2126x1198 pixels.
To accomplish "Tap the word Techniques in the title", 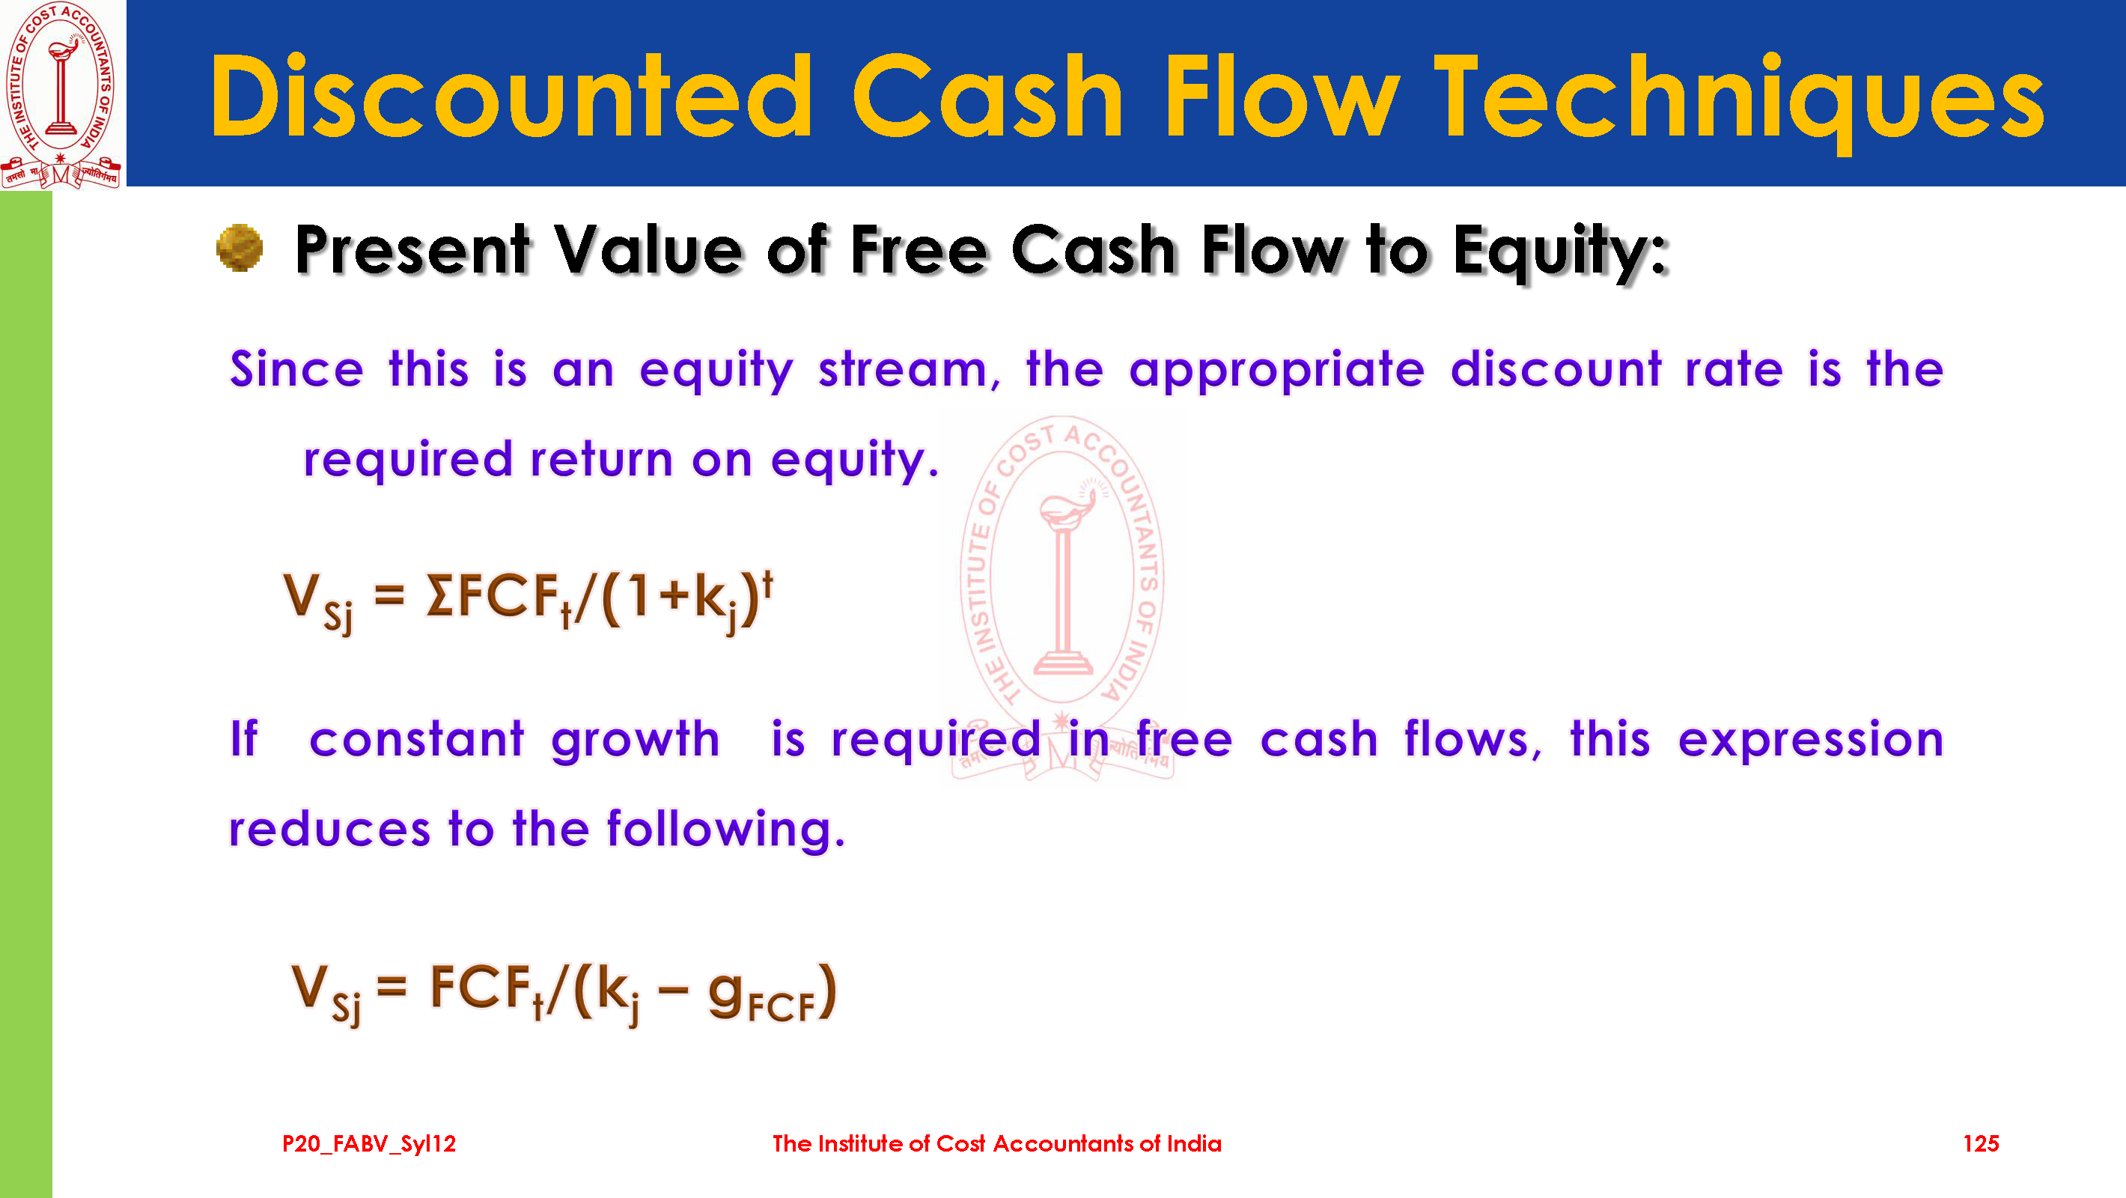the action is [x=1739, y=103].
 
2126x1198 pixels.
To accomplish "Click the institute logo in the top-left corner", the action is [x=61, y=94].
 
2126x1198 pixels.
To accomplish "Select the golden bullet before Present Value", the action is [x=240, y=248].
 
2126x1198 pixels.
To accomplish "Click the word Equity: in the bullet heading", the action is [x=1561, y=252].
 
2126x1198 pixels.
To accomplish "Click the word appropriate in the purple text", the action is [x=1277, y=371].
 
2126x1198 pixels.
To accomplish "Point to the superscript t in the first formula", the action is [x=767, y=586].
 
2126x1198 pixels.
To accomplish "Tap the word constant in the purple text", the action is [x=417, y=739].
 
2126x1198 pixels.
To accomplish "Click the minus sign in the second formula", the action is [x=674, y=989].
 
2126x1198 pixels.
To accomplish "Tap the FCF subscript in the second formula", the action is [x=782, y=1007].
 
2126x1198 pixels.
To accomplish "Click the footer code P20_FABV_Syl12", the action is [x=369, y=1143].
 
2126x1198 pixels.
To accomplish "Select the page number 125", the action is [x=1981, y=1143].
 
